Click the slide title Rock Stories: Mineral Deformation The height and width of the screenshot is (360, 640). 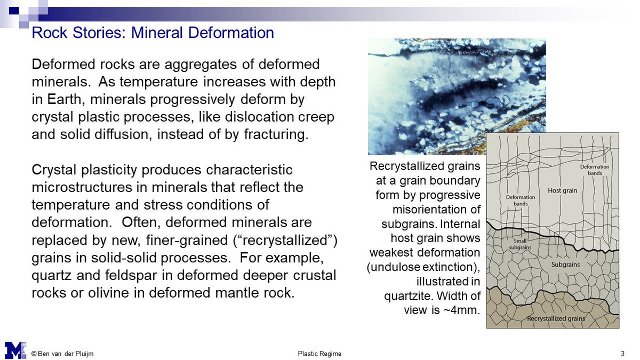tap(153, 33)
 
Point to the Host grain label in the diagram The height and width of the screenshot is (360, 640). tap(563, 190)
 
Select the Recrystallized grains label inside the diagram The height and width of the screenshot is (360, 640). tap(556, 318)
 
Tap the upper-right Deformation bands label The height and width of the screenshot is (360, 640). tap(595, 170)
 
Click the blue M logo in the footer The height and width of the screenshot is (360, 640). tap(15, 350)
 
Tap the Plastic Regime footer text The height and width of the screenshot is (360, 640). tap(319, 354)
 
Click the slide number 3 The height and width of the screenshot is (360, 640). tap(622, 354)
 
